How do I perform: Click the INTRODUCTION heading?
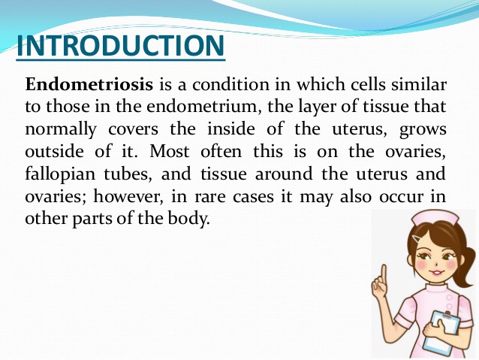(121, 45)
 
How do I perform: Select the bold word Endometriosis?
(89, 84)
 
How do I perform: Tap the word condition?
(231, 84)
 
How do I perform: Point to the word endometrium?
(204, 107)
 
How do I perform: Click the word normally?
(61, 130)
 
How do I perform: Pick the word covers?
(134, 130)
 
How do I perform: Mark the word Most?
(169, 151)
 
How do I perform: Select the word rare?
(210, 197)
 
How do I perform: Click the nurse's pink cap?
(435, 218)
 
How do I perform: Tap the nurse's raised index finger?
(384, 274)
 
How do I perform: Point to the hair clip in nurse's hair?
(417, 238)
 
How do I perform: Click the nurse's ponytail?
(465, 265)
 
